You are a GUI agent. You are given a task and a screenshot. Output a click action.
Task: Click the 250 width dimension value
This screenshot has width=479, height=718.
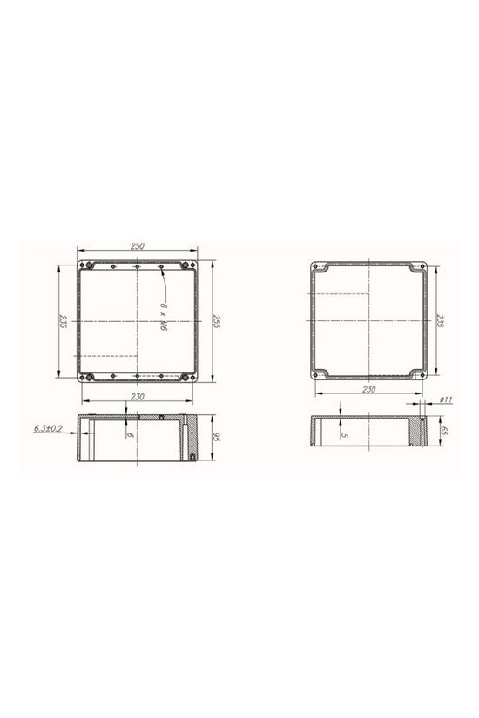click(138, 246)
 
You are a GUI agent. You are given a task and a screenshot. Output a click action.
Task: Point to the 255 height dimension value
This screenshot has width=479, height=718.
click(218, 323)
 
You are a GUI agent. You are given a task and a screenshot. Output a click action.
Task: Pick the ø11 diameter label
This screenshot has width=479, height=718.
click(445, 399)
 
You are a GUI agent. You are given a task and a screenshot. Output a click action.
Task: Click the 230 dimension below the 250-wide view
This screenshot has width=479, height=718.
click(138, 397)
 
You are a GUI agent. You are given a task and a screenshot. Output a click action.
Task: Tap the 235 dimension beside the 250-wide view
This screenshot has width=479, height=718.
click(60, 323)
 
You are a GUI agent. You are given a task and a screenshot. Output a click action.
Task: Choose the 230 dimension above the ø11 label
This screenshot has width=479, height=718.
click(368, 390)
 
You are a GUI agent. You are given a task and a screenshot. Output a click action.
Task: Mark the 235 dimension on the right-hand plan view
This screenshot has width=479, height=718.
click(440, 323)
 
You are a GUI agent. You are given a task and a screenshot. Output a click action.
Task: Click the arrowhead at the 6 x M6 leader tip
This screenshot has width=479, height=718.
click(164, 271)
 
